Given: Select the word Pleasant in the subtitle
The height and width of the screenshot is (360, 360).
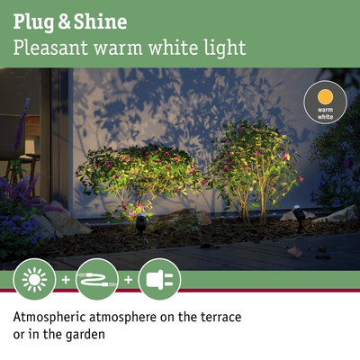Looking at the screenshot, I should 48,47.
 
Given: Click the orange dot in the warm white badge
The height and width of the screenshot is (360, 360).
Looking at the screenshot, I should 325,97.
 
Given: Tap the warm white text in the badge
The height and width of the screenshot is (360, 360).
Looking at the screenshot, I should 325,114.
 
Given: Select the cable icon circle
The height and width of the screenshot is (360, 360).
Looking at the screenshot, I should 97,279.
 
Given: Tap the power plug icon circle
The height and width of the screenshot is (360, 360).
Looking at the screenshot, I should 159,279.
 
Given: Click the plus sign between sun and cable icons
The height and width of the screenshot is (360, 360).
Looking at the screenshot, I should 66,280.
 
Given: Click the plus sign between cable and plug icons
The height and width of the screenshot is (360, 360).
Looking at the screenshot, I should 128,280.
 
